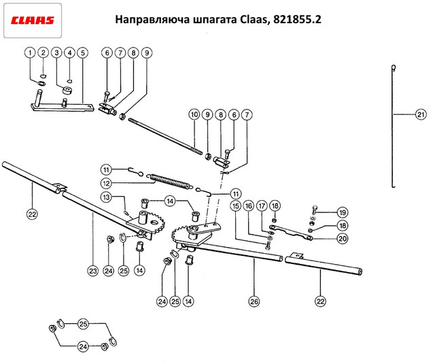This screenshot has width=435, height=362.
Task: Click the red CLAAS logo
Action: (32, 20)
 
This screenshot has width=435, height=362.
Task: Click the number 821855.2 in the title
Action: (297, 20)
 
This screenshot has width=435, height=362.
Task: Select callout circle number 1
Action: (30, 53)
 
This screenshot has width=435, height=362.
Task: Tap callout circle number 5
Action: (83, 53)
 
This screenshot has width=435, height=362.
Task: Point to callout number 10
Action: (194, 114)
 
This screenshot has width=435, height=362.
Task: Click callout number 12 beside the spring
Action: (107, 183)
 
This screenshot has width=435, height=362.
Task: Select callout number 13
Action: (107, 197)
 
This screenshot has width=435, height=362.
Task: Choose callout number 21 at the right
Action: (421, 114)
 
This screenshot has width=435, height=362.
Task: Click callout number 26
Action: (254, 301)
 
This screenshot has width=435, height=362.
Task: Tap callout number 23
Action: (92, 270)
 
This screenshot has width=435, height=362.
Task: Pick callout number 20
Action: (343, 238)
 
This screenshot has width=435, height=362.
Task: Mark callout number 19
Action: (343, 212)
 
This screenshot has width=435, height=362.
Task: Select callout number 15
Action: (236, 206)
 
